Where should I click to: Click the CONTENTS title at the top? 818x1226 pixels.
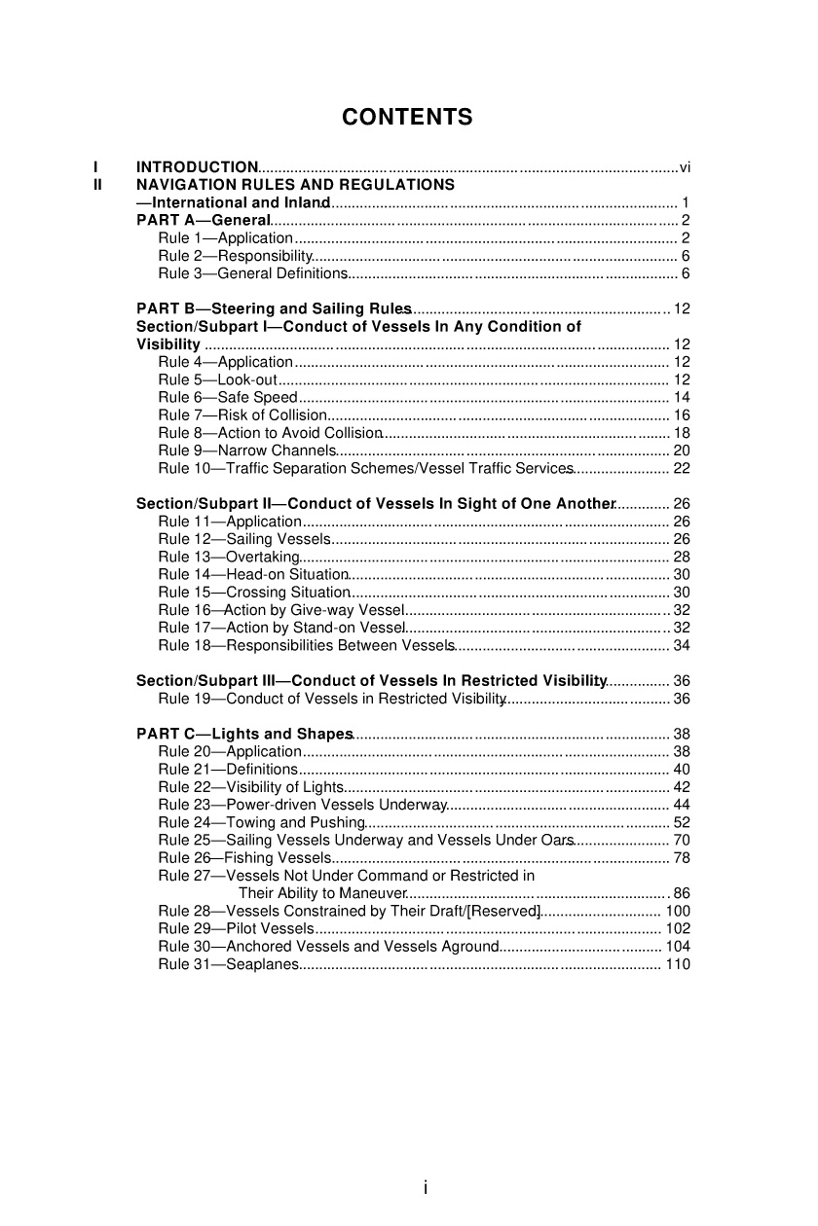click(x=407, y=118)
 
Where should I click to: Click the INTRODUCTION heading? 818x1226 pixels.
click(x=197, y=167)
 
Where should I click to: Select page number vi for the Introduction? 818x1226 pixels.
click(x=685, y=167)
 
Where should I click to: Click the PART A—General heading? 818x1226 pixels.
click(x=203, y=221)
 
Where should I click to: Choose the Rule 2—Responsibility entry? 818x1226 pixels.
click(x=235, y=256)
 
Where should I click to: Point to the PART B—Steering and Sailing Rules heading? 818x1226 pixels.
click(x=274, y=309)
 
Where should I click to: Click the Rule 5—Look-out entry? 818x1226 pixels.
click(x=218, y=379)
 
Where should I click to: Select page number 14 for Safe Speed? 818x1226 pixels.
click(x=682, y=397)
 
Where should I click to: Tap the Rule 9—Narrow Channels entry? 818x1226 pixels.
click(x=247, y=451)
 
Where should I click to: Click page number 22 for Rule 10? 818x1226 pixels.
click(x=682, y=468)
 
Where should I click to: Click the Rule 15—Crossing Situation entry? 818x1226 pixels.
click(x=253, y=592)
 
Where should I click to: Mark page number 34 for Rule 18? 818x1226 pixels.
click(x=682, y=645)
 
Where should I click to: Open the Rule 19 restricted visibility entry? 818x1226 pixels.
click(x=331, y=699)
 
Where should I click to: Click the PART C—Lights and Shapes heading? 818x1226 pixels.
click(x=244, y=734)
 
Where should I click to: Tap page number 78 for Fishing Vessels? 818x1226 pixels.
click(x=682, y=857)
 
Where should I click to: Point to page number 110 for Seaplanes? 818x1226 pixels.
click(x=678, y=963)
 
